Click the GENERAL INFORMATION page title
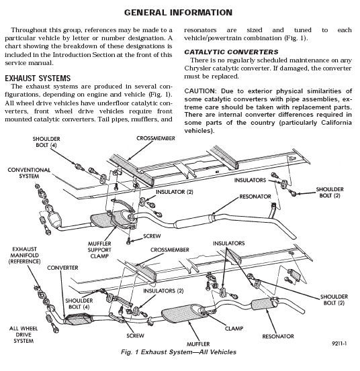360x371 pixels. tap(179, 13)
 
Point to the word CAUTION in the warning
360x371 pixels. tap(204, 90)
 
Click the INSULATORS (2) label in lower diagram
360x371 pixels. tap(161, 290)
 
